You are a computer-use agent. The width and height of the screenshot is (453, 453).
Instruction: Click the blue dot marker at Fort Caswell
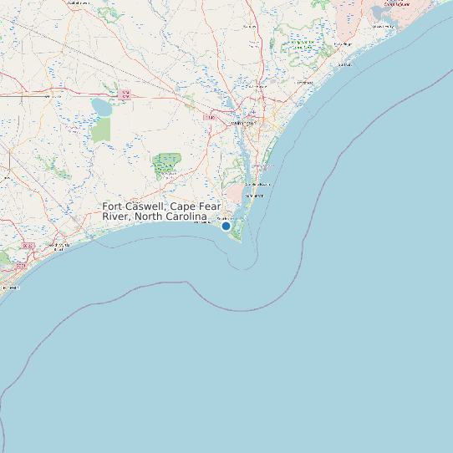click(226, 226)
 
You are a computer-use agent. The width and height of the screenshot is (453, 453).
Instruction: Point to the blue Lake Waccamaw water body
click(101, 108)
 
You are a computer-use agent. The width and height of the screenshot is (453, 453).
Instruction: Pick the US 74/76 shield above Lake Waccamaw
click(125, 93)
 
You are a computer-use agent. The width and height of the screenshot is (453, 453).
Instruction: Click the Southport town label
click(224, 217)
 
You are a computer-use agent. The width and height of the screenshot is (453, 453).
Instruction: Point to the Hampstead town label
click(304, 83)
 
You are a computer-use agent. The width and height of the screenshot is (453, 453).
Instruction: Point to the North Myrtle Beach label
click(59, 247)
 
